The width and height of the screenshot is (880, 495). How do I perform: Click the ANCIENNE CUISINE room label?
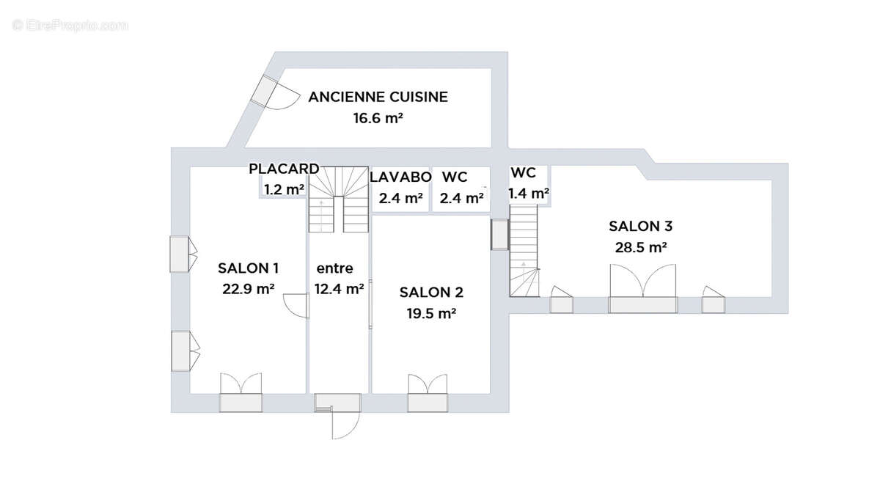[378, 97]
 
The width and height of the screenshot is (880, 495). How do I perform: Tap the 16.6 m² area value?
[378, 117]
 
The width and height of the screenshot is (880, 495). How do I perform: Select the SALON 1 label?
[248, 268]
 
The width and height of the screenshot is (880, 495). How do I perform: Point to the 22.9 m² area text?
[248, 289]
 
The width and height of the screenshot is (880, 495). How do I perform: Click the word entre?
[334, 268]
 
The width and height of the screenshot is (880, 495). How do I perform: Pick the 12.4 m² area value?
[339, 289]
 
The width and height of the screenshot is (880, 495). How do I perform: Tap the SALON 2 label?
[431, 293]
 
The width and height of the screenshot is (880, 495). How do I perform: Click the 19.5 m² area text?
[431, 313]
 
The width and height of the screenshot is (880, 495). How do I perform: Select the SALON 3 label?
[640, 227]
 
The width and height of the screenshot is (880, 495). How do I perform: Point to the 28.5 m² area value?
[640, 247]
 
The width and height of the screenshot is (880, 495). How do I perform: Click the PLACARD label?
[284, 169]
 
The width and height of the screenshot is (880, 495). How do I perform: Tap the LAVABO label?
[400, 177]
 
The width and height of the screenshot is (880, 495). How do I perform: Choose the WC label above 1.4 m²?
[523, 173]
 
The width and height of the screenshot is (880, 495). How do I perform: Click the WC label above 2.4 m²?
[455, 177]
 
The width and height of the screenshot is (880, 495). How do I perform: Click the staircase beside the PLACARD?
[337, 199]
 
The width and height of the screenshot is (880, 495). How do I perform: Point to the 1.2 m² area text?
[284, 189]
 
